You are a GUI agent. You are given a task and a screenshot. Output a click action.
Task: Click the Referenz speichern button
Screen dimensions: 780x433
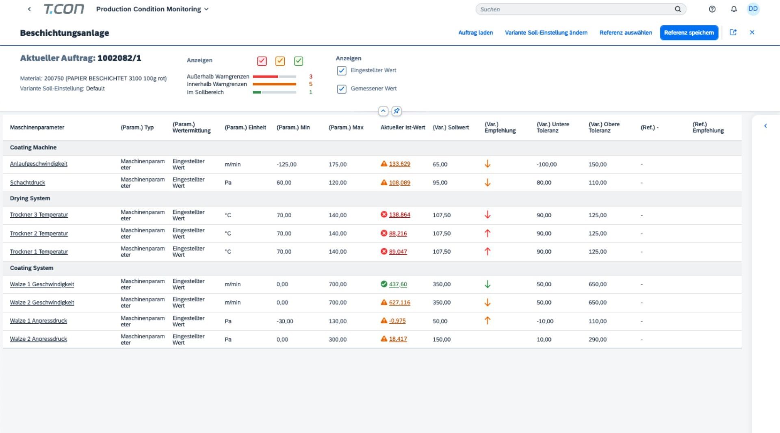(x=689, y=32)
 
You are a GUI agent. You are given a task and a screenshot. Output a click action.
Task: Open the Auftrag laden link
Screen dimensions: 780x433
(x=475, y=32)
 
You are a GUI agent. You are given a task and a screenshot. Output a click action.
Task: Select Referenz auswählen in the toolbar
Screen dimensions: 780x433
(x=626, y=32)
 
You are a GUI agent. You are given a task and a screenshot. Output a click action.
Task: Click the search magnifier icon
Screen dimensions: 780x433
(x=678, y=9)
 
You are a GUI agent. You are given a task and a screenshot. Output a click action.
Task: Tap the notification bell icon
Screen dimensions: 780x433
(x=734, y=9)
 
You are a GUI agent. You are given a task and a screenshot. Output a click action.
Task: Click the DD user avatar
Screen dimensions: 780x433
(x=753, y=9)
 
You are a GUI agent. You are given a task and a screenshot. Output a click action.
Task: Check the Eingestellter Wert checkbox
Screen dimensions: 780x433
(x=342, y=71)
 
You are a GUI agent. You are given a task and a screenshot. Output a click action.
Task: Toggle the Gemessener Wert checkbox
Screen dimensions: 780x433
(x=342, y=89)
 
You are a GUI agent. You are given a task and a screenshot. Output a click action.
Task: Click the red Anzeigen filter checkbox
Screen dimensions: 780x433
(x=262, y=61)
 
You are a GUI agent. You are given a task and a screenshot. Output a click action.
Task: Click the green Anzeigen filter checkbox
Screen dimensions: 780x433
(x=299, y=61)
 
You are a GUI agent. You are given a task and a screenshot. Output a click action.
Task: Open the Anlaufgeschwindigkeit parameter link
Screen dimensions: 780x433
(x=39, y=164)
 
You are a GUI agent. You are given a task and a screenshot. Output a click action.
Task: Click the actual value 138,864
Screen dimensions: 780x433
(x=399, y=214)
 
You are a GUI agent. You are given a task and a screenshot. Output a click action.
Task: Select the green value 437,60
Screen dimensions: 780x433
(x=398, y=284)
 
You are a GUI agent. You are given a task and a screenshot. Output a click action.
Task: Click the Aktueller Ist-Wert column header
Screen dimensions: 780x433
(x=403, y=127)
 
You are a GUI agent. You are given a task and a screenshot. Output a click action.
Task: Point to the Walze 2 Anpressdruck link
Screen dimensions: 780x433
(x=38, y=339)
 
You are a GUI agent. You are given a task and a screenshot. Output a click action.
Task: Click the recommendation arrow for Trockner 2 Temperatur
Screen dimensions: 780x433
(x=487, y=233)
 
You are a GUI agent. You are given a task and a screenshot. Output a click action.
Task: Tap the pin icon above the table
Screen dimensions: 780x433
(x=396, y=111)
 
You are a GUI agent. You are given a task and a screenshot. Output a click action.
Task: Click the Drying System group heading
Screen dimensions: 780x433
(x=30, y=198)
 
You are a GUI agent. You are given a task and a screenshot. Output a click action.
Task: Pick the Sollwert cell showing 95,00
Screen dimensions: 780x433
(x=440, y=182)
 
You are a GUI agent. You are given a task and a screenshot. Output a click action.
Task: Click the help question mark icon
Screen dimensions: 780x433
(x=712, y=9)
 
